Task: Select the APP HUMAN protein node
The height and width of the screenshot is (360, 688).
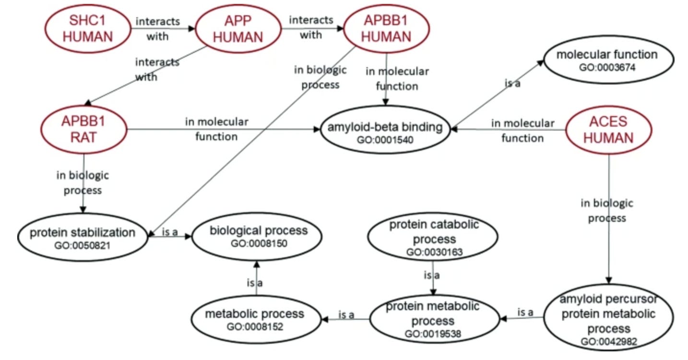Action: [x=238, y=28]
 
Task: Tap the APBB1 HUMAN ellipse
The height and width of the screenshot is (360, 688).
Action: [x=387, y=28]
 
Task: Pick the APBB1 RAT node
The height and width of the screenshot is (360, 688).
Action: [x=84, y=130]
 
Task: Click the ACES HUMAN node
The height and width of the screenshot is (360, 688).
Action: [x=608, y=130]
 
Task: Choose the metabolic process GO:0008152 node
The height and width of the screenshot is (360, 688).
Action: [x=255, y=319]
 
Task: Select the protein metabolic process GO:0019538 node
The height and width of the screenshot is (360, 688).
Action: [x=433, y=319]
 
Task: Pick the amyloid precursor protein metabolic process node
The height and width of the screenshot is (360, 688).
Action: [x=608, y=320]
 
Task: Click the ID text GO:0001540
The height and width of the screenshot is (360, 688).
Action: [x=384, y=140]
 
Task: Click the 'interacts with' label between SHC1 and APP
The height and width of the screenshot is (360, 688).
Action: [x=158, y=29]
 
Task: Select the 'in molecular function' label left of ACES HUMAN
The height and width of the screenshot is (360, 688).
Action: [x=522, y=131]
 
